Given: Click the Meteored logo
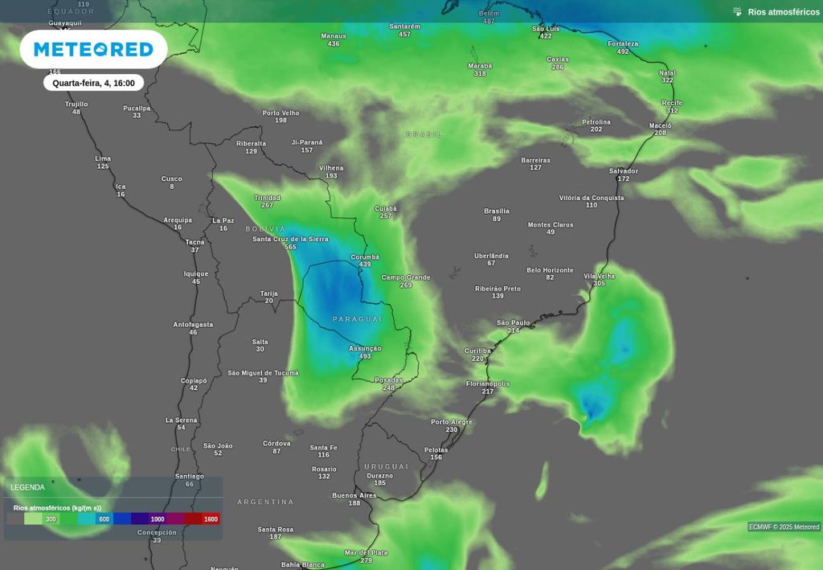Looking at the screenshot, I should click(x=93, y=50).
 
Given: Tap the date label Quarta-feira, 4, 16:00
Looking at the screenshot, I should click(x=93, y=83).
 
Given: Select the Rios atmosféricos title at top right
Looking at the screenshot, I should click(x=783, y=11).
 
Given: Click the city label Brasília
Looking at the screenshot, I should click(x=497, y=211).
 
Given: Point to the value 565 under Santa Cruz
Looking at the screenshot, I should click(x=290, y=247).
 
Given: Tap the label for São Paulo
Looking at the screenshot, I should click(x=514, y=322).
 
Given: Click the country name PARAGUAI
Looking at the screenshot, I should click(x=358, y=319).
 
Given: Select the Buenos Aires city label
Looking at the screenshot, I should click(x=354, y=495).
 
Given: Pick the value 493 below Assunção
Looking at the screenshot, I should click(x=365, y=356).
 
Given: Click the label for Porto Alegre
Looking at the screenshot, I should click(x=452, y=421).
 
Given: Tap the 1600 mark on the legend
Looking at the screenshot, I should click(x=211, y=519).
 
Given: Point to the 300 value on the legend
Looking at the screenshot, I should click(x=51, y=519).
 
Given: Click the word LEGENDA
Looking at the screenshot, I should click(x=27, y=487).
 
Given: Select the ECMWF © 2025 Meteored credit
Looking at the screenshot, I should click(x=784, y=527).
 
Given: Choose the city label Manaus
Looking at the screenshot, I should click(x=334, y=35).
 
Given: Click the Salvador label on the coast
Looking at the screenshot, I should click(x=624, y=170).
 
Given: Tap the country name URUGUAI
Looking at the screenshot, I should click(x=387, y=466).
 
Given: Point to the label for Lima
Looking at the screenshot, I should click(x=103, y=158).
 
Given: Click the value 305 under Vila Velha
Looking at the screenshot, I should click(x=599, y=284).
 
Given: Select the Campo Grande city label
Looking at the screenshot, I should click(x=406, y=277).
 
